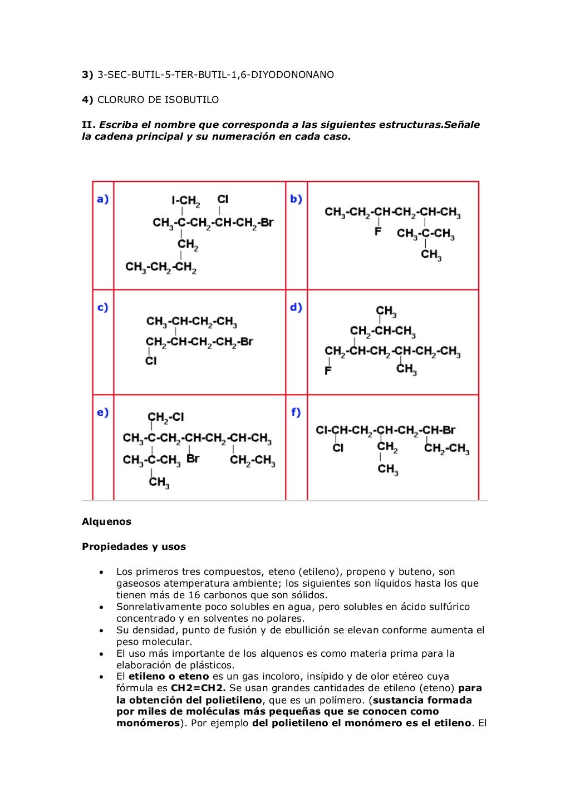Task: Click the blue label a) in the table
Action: (102, 199)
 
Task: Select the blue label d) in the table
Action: (296, 307)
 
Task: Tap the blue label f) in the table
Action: (296, 412)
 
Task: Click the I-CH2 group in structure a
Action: (186, 200)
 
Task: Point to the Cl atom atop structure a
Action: (223, 199)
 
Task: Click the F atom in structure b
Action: (378, 231)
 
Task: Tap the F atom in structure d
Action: (328, 370)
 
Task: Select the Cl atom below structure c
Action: (151, 361)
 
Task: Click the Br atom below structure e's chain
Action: (193, 459)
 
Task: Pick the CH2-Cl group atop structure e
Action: (166, 417)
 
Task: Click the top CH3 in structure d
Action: (386, 311)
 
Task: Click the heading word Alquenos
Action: (106, 521)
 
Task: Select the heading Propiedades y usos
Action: (134, 547)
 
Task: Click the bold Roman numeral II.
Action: (89, 125)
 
